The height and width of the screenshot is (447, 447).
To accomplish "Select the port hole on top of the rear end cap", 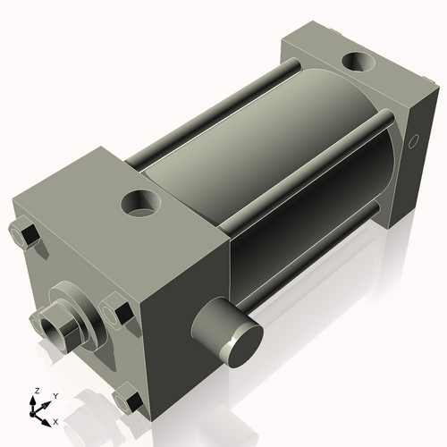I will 361,64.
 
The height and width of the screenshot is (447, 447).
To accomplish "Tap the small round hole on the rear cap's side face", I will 413,142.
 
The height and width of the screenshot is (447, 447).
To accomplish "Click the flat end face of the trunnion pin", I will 241,337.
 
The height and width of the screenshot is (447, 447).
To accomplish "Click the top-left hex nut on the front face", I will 24,236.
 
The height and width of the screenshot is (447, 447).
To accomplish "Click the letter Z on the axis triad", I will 35,391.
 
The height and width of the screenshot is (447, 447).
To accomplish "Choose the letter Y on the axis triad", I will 55,394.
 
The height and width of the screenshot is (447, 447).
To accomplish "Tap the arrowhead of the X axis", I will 47,417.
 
